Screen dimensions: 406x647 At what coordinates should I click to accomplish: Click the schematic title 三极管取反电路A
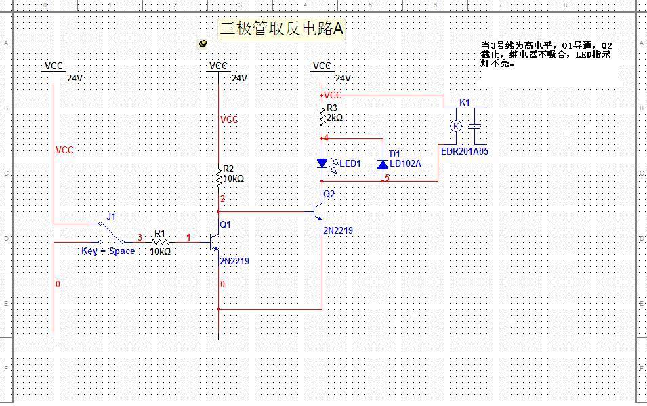(282, 29)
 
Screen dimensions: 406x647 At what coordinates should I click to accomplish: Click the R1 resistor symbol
(160, 241)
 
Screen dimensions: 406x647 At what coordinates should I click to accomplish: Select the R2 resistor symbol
(219, 178)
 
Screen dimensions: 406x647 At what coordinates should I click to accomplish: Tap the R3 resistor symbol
(322, 118)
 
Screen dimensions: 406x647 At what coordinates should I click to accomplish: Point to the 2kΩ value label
(335, 117)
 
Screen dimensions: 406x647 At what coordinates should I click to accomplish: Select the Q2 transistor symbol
(318, 212)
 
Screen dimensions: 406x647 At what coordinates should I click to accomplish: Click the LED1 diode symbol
(322, 163)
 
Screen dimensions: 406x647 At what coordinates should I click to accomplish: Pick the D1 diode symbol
(382, 164)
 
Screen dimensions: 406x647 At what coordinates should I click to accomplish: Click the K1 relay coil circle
(456, 126)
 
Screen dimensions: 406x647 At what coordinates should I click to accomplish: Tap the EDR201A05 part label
(464, 152)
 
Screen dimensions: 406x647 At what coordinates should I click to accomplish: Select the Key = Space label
(108, 251)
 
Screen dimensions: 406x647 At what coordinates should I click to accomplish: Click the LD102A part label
(405, 163)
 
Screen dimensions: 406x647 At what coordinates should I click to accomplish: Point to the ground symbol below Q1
(219, 341)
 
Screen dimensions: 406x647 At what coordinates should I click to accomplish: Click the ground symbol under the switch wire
(54, 341)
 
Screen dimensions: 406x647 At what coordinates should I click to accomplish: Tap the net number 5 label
(388, 179)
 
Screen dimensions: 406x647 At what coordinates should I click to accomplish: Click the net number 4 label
(326, 138)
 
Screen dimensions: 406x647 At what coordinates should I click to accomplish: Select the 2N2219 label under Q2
(337, 230)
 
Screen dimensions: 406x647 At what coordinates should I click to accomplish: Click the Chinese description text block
(546, 54)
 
